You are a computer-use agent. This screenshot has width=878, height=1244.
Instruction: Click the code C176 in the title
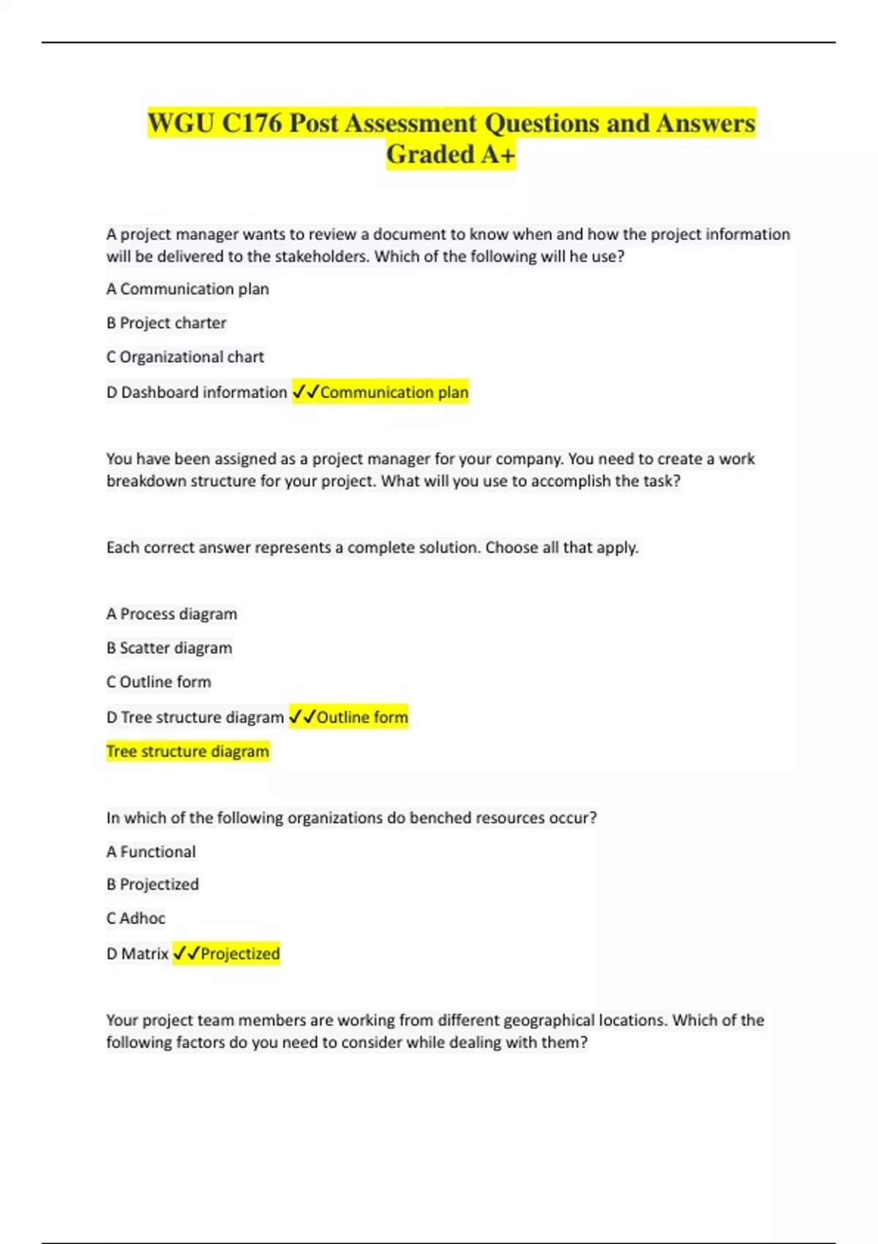click(251, 123)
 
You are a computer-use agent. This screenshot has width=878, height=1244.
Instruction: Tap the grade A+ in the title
click(498, 154)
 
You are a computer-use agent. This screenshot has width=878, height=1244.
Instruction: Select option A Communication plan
click(187, 289)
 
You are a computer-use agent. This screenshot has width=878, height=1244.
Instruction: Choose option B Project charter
click(166, 323)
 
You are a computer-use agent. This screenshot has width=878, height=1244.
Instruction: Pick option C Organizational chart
click(185, 357)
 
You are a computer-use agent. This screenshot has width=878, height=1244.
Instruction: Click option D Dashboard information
click(196, 392)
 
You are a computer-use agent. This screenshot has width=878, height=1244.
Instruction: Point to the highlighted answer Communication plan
click(394, 392)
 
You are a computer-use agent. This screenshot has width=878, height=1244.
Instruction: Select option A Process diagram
click(171, 614)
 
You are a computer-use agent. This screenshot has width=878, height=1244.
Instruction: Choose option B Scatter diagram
click(169, 648)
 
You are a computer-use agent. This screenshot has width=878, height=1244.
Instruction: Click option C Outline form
click(159, 682)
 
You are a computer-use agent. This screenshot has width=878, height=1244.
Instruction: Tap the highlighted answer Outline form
click(362, 717)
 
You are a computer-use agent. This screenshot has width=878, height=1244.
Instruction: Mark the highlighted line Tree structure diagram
click(187, 752)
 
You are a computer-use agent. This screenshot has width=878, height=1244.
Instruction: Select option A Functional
click(151, 852)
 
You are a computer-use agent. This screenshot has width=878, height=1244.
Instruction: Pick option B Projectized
click(152, 884)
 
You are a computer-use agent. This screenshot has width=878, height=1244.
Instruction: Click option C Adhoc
click(135, 918)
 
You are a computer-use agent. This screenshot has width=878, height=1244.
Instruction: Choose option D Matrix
click(138, 953)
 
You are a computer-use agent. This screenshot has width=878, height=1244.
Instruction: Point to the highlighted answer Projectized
click(240, 953)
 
